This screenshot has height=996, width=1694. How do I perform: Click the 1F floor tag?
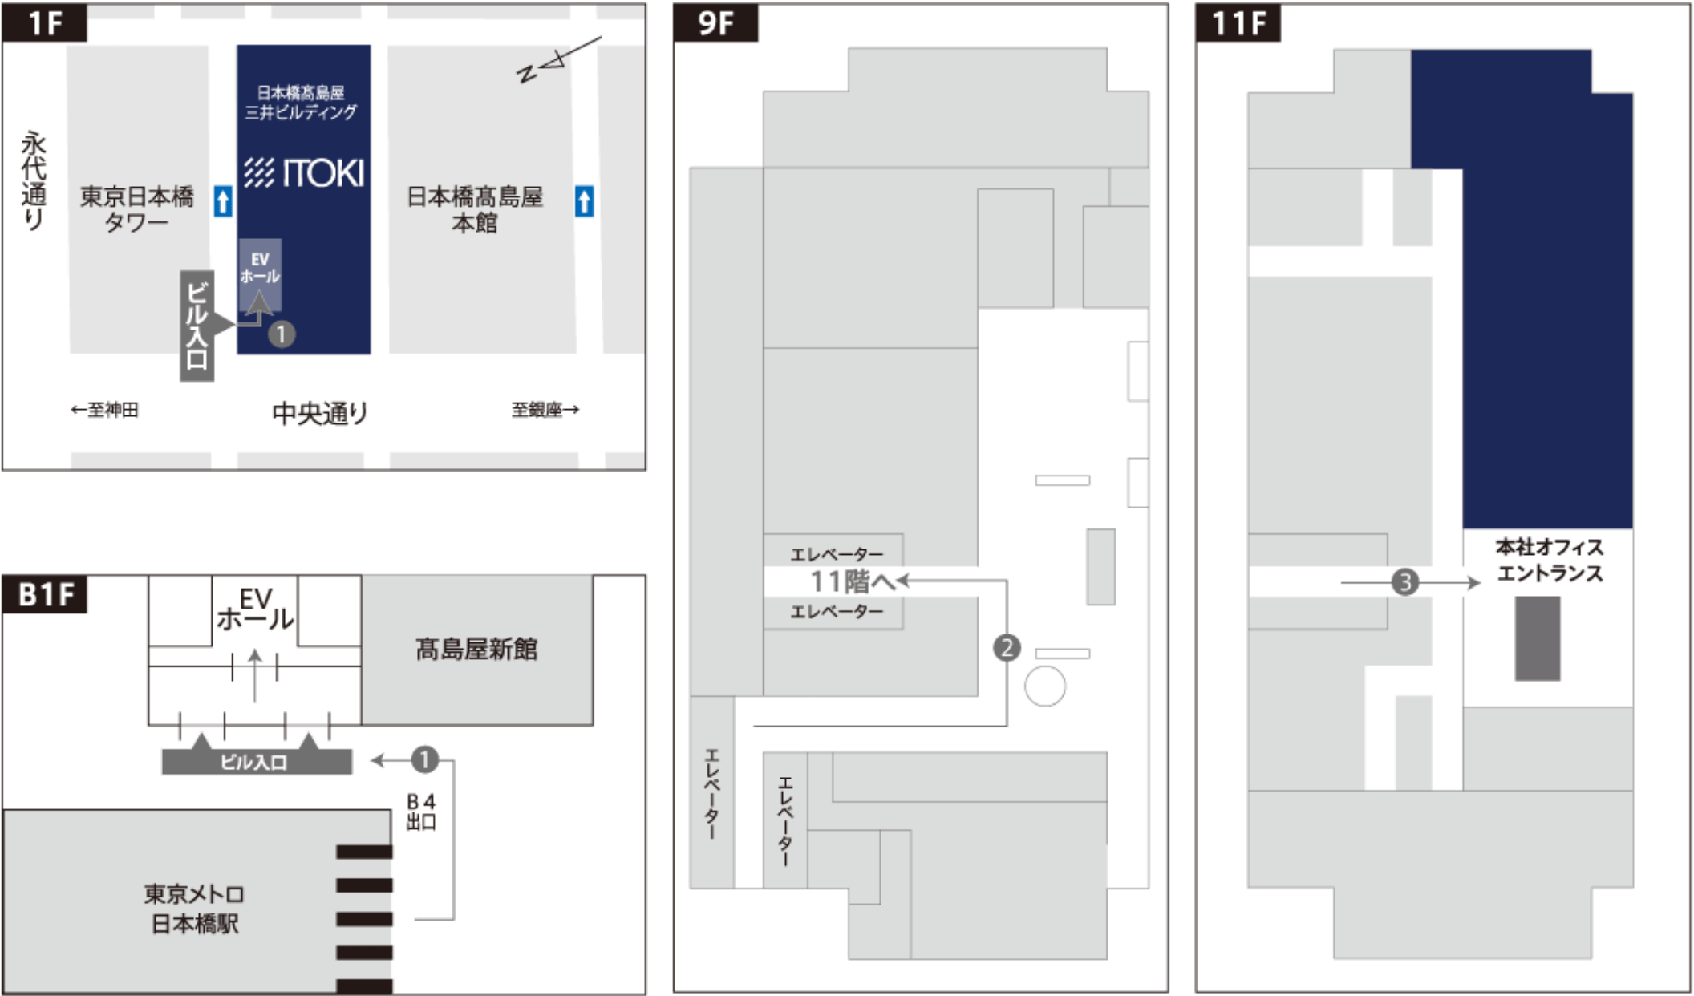pos(44,22)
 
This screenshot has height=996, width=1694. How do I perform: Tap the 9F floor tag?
pos(716,23)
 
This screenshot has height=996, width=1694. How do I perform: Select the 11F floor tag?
pos(1238,23)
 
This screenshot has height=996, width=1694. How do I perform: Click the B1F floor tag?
pos(46,595)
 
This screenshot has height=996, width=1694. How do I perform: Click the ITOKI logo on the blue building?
pos(304,173)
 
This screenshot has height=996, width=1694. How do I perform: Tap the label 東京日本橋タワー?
pos(137,209)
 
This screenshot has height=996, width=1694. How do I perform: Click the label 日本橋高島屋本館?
pos(475,209)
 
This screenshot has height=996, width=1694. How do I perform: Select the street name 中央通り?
pos(320,413)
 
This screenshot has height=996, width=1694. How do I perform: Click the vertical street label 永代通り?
pos(34,180)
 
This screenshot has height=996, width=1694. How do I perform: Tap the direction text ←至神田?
pos(104,410)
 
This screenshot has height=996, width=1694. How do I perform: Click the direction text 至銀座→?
pos(545,410)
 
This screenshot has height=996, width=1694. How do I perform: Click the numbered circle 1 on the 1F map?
pos(281,334)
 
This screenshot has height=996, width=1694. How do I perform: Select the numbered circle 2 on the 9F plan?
pos(1007,647)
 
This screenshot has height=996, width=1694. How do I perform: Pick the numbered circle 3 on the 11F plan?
pos(1404,581)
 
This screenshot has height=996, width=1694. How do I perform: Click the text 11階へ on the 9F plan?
pos(852,581)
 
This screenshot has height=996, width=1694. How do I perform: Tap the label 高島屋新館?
pos(476,649)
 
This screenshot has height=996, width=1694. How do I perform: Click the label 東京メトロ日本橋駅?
pos(194,909)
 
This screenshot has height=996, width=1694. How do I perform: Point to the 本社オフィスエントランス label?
pos(1549,560)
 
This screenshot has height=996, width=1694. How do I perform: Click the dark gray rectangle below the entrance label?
pos(1537,638)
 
